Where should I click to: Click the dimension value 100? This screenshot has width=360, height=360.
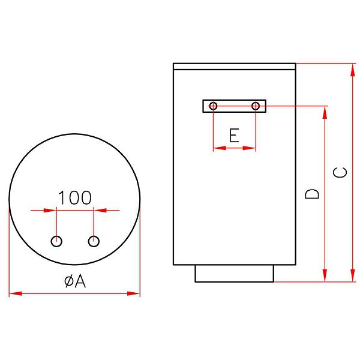click(74, 197)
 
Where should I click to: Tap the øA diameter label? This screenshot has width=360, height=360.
click(75, 280)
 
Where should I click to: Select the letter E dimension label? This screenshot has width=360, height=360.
click(235, 135)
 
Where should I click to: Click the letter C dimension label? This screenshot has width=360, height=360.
click(340, 172)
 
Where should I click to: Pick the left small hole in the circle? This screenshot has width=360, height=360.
click(56, 241)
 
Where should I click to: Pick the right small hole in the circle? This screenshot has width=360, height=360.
click(93, 241)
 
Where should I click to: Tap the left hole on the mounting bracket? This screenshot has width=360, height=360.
click(213, 106)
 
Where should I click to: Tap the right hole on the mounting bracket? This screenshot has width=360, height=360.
click(256, 106)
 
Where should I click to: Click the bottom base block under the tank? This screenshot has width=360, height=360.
click(235, 274)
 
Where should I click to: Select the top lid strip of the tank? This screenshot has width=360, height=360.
click(234, 67)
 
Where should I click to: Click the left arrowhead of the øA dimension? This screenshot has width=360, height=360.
click(13, 293)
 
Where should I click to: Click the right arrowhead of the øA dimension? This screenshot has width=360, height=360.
click(136, 293)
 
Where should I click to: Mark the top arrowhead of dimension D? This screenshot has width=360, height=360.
click(326, 111)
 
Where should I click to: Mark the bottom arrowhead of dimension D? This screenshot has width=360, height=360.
click(326, 277)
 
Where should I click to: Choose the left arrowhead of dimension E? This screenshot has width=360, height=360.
click(217, 148)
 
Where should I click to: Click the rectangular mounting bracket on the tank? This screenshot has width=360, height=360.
click(235, 106)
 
